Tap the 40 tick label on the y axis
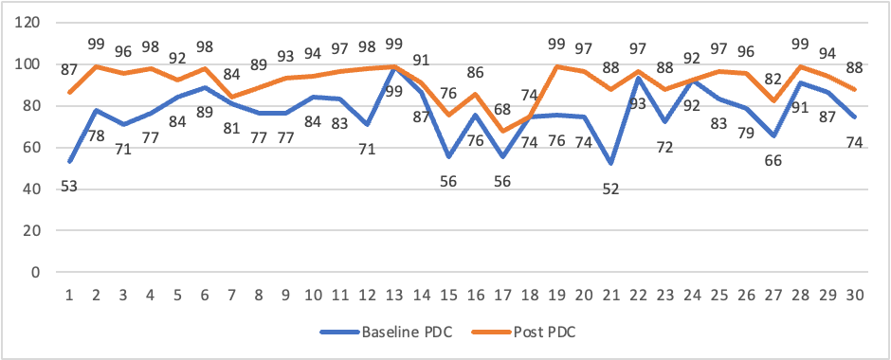tap(34, 189)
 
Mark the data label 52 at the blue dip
tap(612, 189)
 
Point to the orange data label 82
tap(749, 80)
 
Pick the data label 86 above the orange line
tap(476, 72)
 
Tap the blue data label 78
tap(97, 136)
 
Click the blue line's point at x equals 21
tap(612, 164)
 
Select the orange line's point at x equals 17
tap(503, 131)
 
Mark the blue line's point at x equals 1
tap(69, 162)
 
